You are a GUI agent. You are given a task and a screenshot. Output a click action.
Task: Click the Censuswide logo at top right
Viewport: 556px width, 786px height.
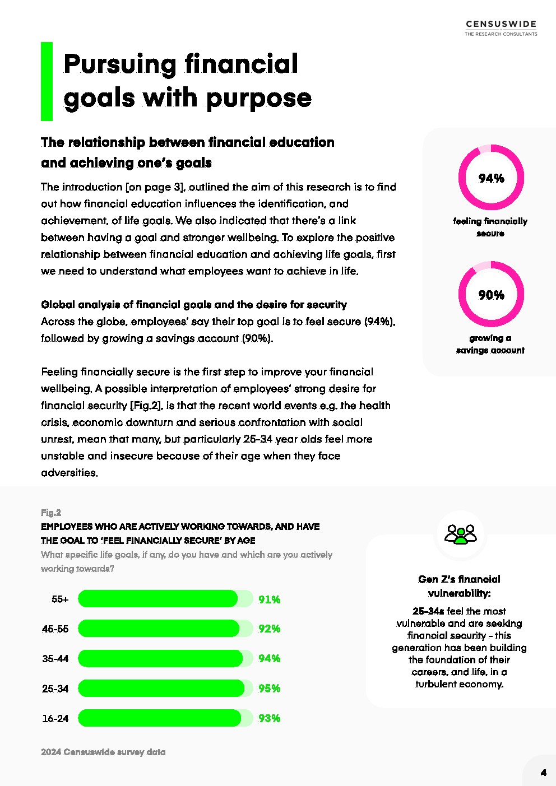pyautogui.click(x=501, y=27)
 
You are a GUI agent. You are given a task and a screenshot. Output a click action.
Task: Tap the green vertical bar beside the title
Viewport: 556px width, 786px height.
pyautogui.click(x=47, y=81)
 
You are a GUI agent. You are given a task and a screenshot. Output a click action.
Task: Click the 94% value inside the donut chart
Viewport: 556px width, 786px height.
pyautogui.click(x=491, y=178)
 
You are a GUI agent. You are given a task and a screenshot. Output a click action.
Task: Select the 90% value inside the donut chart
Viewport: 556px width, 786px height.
pyautogui.click(x=491, y=295)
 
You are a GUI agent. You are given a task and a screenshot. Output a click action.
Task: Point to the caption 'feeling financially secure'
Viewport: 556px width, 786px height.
pyautogui.click(x=490, y=227)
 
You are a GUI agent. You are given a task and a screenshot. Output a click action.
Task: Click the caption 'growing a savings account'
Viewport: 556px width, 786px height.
pyautogui.click(x=490, y=344)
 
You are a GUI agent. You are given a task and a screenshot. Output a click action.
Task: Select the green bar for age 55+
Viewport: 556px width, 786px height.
pyautogui.click(x=158, y=599)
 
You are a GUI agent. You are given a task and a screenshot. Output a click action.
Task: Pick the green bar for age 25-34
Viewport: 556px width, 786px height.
pyautogui.click(x=161, y=688)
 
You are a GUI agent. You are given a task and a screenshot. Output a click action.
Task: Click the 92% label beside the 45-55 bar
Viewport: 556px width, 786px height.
pyautogui.click(x=269, y=629)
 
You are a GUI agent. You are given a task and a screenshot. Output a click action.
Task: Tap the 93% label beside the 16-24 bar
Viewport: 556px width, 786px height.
pyautogui.click(x=269, y=718)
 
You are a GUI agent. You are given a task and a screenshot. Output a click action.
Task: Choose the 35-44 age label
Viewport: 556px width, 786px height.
pyautogui.click(x=55, y=659)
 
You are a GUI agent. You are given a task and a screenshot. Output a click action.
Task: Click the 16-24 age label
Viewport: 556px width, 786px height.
pyautogui.click(x=55, y=718)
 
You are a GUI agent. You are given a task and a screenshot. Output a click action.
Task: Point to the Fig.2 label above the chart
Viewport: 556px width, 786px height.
pyautogui.click(x=51, y=513)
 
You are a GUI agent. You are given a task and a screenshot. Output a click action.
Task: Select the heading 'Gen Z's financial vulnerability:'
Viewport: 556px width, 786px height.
pyautogui.click(x=459, y=586)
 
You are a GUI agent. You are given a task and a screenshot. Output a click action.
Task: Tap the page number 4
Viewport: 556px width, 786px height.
pyautogui.click(x=543, y=773)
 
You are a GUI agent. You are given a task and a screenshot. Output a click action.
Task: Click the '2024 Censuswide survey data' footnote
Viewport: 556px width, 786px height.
pyautogui.click(x=103, y=752)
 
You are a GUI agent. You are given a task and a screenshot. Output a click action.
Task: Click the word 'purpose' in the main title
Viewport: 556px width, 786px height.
pyautogui.click(x=258, y=98)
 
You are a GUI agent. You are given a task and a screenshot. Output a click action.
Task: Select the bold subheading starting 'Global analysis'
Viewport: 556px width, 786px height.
pyautogui.click(x=194, y=305)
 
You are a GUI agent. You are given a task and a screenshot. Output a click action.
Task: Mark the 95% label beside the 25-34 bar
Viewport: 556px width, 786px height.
pyautogui.click(x=269, y=688)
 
